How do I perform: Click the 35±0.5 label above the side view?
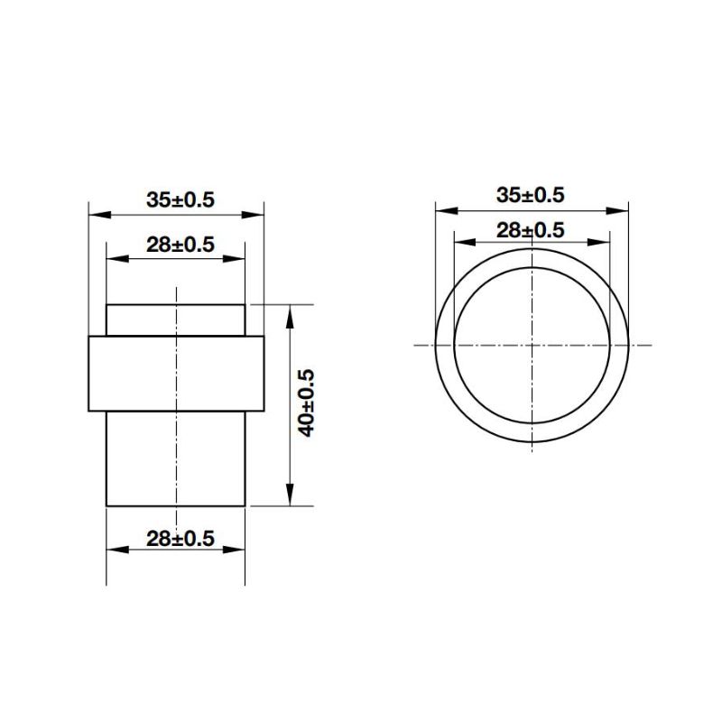click(x=180, y=200)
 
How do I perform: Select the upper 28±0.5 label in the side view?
click(x=180, y=244)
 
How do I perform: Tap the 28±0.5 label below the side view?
click(x=180, y=539)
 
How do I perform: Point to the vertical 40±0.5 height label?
click(x=306, y=403)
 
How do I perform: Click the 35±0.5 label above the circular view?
click(x=530, y=194)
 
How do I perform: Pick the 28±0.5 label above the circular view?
click(x=530, y=230)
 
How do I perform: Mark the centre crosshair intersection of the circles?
click(x=532, y=345)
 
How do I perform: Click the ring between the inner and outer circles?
click(x=443, y=345)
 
